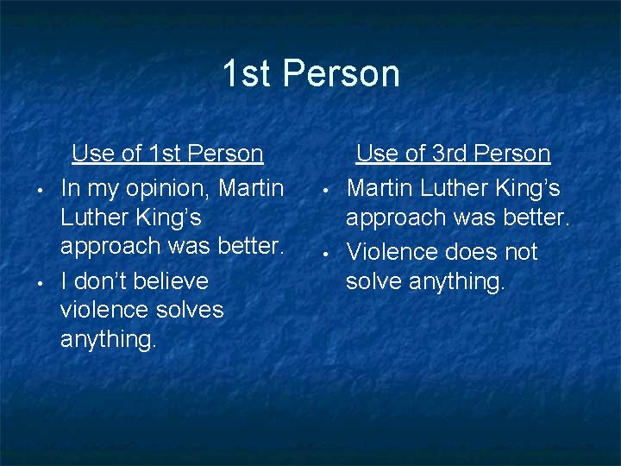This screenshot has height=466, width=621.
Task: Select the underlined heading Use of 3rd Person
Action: coord(453,154)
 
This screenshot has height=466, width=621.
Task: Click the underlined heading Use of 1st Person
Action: coord(167,154)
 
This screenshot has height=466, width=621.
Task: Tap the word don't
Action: coord(100,280)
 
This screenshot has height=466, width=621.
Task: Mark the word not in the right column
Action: coord(517,252)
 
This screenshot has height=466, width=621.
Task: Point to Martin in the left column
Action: coord(251,187)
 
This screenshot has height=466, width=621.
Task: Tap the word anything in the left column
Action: coord(108,339)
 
